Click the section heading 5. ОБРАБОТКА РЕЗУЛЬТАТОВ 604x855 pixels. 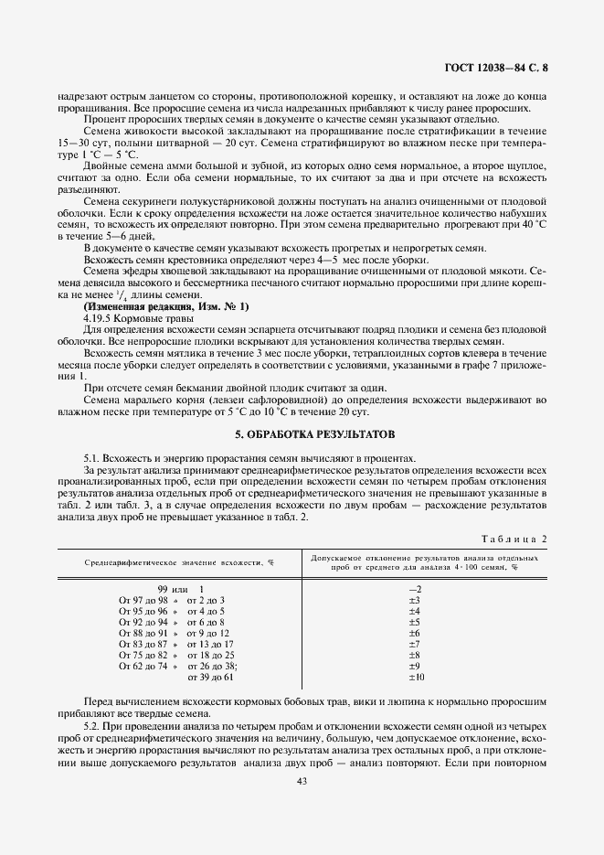302,433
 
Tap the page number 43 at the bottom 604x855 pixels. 302,781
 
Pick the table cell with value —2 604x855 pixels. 413,589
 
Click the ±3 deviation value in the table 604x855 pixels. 413,600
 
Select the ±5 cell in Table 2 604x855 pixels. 413,622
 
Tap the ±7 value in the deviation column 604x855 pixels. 413,644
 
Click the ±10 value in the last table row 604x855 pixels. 414,677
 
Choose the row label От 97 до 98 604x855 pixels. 143,600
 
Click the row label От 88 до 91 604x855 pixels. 143,633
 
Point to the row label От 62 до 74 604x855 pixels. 143,666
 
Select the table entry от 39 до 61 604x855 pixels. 211,677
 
